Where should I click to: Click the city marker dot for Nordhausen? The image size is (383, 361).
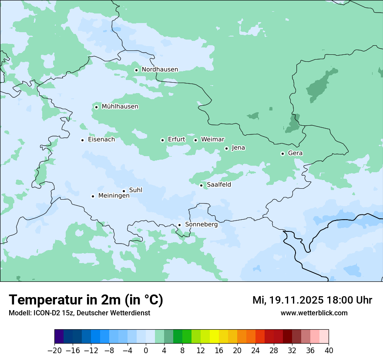click(136, 70)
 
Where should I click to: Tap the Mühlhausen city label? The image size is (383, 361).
click(120, 107)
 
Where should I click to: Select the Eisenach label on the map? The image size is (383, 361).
click(101, 140)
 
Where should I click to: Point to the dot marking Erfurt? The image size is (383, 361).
click(162, 140)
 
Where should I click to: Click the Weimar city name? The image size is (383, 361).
click(212, 140)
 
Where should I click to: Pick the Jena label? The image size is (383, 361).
click(238, 148)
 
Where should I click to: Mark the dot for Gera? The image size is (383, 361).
click(282, 154)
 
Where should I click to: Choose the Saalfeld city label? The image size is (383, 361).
click(218, 185)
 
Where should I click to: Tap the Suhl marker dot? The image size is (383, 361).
click(124, 191)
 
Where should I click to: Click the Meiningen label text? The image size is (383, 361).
click(114, 196)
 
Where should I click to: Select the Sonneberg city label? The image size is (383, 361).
click(201, 225)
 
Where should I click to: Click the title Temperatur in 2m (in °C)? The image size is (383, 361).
click(86, 300)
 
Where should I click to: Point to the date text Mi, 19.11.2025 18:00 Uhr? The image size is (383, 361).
click(312, 301)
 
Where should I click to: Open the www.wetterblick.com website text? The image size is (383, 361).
click(314, 313)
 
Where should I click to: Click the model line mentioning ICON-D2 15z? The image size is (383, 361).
click(79, 313)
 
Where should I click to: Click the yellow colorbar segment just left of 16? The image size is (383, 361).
click(214, 337)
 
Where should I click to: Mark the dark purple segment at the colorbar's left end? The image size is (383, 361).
click(59, 337)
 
